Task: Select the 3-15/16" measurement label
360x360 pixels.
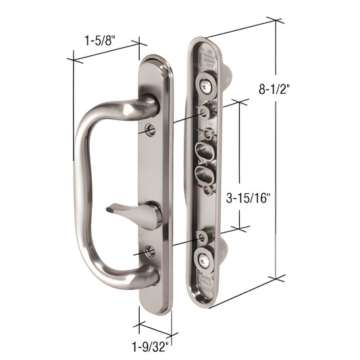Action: (249, 198)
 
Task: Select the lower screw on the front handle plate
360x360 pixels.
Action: (150, 251)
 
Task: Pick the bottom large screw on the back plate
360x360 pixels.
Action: (204, 260)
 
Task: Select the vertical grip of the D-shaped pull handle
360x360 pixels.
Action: (83, 196)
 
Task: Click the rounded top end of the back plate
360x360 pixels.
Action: (205, 42)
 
